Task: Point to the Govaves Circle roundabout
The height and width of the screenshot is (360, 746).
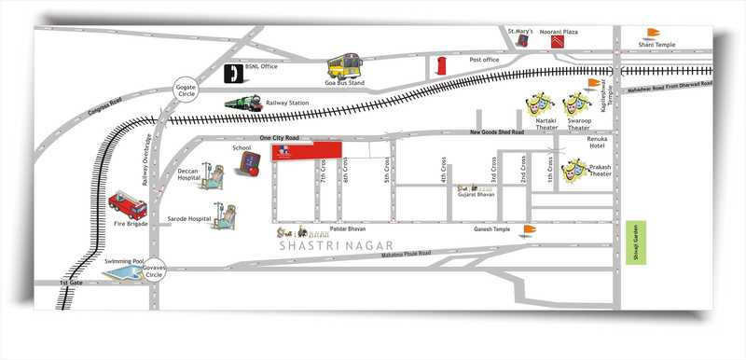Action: (x=154, y=267)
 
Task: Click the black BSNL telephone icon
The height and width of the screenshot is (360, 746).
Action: (x=233, y=74)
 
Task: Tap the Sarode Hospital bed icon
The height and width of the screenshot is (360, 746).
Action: (x=224, y=216)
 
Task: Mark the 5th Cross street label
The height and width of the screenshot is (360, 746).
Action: (x=386, y=172)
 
